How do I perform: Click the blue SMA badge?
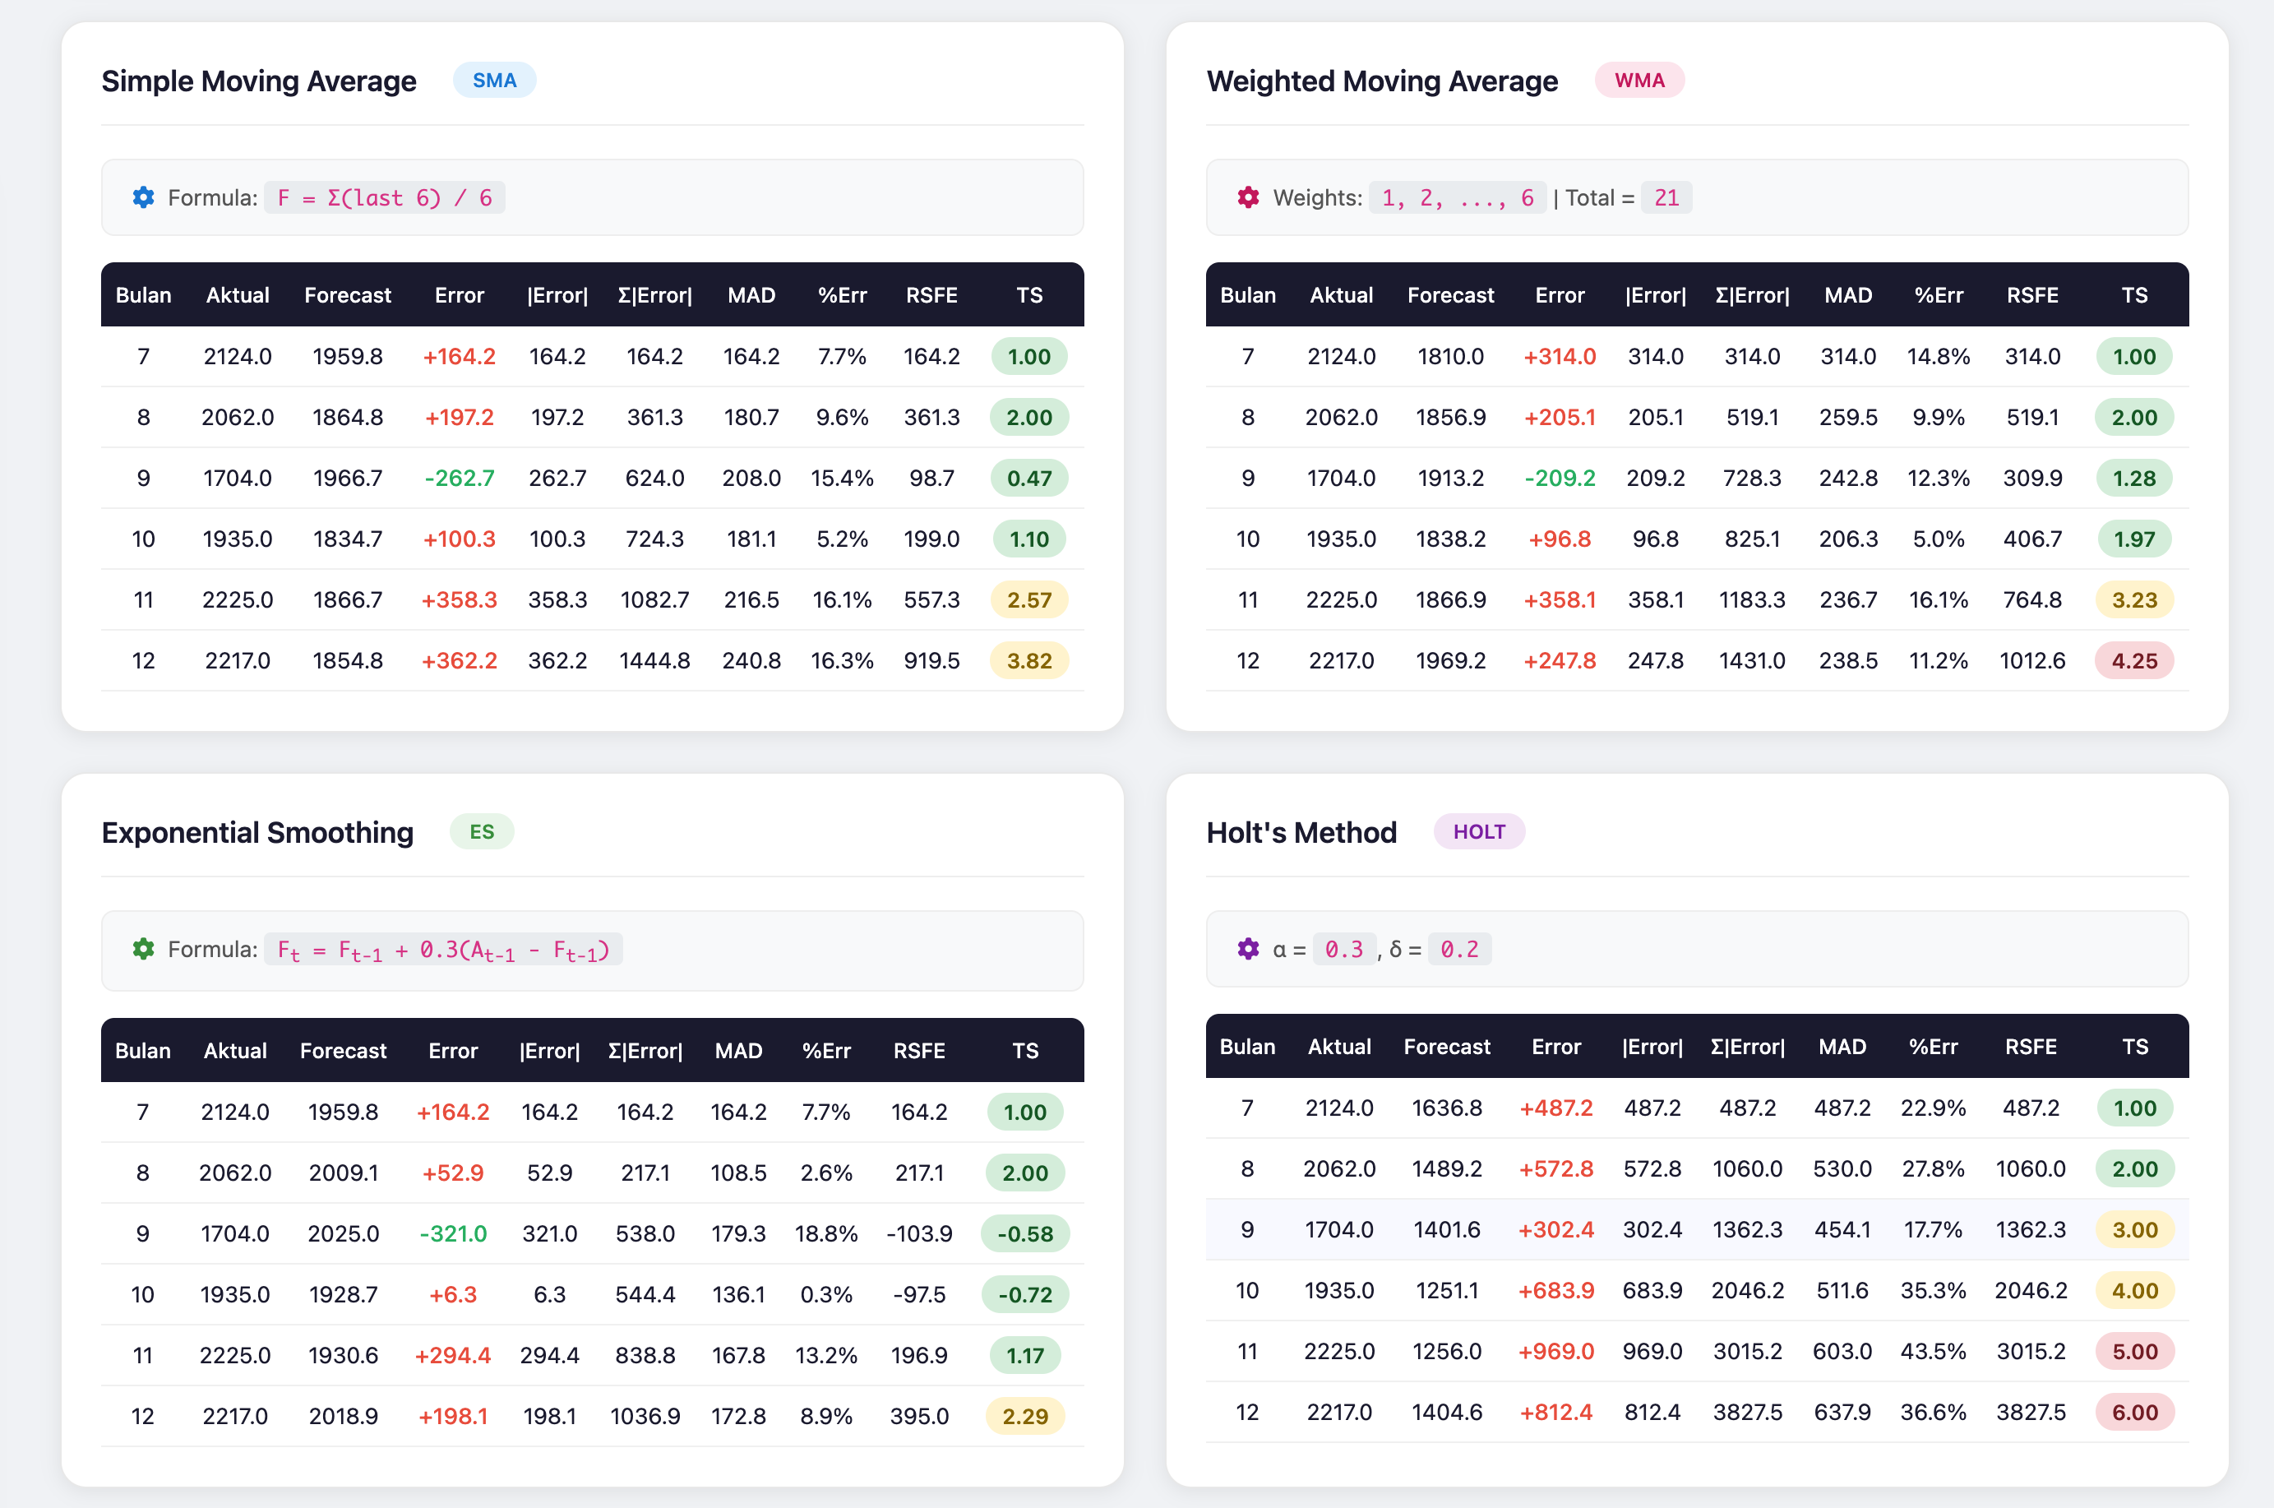click(x=494, y=81)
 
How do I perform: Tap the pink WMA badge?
click(x=1638, y=81)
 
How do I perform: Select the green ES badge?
click(x=482, y=832)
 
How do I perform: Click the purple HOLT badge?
click(x=1478, y=832)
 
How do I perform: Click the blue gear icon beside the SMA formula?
click(x=143, y=197)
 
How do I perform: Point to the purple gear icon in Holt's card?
click(x=1247, y=949)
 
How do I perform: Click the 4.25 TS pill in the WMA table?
click(x=2133, y=661)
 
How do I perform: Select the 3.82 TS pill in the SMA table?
click(x=1028, y=661)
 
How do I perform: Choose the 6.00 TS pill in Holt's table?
click(x=2133, y=1412)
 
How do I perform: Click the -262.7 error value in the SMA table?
click(x=459, y=478)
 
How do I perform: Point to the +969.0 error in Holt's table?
click(x=1555, y=1351)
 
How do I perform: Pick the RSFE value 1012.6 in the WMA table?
click(x=2031, y=661)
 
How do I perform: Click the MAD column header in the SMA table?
click(x=751, y=295)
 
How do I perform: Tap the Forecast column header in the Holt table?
click(x=1446, y=1047)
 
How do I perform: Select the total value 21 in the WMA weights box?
click(x=1666, y=198)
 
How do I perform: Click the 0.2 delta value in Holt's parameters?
click(x=1458, y=949)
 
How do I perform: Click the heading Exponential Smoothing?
click(x=257, y=832)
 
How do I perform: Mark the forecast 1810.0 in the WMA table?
click(x=1449, y=357)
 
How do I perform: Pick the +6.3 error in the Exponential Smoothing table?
click(x=452, y=1294)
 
